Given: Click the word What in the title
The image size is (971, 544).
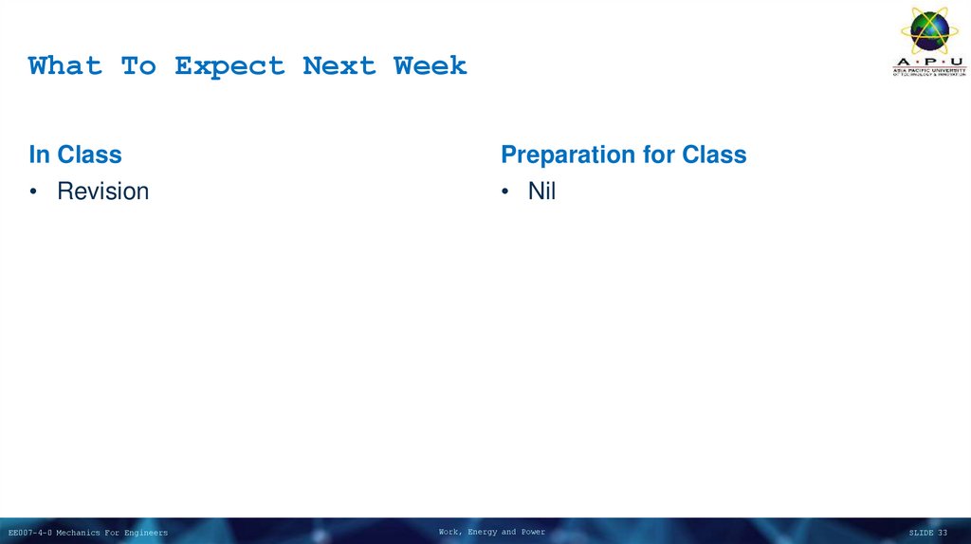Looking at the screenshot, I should point(64,66).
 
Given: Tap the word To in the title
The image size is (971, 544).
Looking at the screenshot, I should point(138,66).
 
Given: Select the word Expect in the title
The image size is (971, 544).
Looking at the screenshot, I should point(229,66).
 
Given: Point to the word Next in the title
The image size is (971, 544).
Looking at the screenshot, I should point(339,66).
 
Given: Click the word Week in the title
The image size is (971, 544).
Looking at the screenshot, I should point(431,66).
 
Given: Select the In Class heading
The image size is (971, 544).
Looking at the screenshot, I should point(75,154).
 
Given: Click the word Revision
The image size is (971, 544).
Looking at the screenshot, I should point(102,191).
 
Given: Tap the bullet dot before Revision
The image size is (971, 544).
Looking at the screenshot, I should point(33,192).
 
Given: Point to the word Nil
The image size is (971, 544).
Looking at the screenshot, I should point(541,191).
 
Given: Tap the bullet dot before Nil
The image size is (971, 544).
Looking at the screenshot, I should point(505,192).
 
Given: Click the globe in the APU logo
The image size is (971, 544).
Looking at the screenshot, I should point(929,31).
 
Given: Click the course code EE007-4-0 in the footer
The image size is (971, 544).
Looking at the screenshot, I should point(30,533).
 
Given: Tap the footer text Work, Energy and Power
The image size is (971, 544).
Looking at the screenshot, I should point(491,532).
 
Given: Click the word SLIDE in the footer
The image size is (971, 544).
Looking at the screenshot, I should point(921,533).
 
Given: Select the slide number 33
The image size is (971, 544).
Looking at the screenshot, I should point(943,533).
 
